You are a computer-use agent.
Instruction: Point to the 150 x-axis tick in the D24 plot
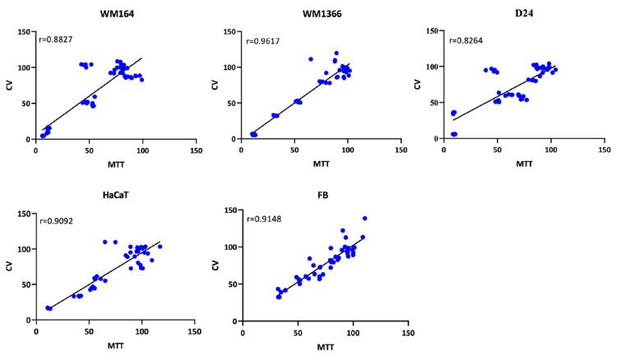coord(602,151)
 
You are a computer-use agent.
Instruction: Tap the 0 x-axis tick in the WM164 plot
coord(36,151)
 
